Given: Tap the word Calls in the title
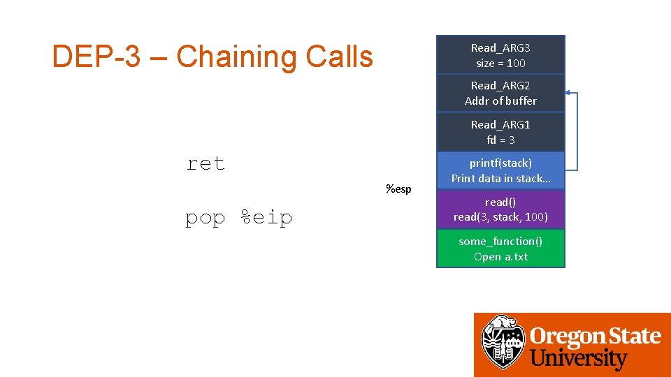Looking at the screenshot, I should pyautogui.click(x=339, y=57).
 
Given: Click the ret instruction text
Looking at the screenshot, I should pyautogui.click(x=205, y=164).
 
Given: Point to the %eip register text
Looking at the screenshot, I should pyautogui.click(x=266, y=218).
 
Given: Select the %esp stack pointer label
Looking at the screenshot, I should pyautogui.click(x=398, y=188).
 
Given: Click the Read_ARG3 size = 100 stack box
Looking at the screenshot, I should pyautogui.click(x=500, y=55).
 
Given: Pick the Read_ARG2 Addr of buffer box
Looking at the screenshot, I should pyautogui.click(x=500, y=93).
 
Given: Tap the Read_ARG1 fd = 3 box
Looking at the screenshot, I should pyautogui.click(x=500, y=132).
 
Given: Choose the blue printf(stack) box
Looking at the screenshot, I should pyautogui.click(x=500, y=170).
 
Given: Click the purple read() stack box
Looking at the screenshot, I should pyautogui.click(x=500, y=209).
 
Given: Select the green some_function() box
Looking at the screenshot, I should pyautogui.click(x=500, y=249).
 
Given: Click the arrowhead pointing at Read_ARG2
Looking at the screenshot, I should pyautogui.click(x=568, y=92).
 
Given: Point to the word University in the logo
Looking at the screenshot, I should pyautogui.click(x=579, y=360).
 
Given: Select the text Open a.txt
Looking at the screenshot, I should pyautogui.click(x=500, y=256).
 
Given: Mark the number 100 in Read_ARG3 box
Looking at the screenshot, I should pyautogui.click(x=516, y=63).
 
